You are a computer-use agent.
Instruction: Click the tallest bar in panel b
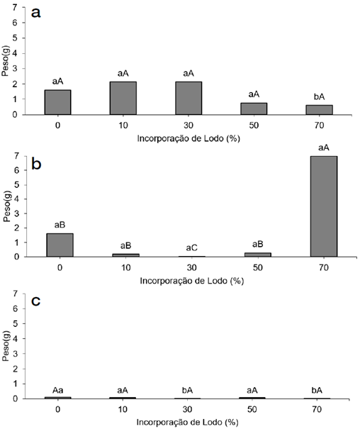point(324,206)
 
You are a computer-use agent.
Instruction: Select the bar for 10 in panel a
point(123,98)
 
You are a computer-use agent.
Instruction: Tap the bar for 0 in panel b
point(60,245)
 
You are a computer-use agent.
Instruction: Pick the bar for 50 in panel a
point(254,108)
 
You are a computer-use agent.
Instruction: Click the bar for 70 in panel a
point(320,110)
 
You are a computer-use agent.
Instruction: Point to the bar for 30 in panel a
point(189,98)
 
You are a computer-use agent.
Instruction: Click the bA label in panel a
point(319,97)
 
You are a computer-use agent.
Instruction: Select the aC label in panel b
point(191,248)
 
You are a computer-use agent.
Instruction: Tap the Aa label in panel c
point(57,391)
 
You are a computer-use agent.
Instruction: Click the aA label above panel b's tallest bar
point(324,147)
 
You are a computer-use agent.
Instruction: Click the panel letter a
point(36,13)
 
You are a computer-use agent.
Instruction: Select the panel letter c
point(36,301)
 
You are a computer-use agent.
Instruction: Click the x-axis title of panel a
point(189,138)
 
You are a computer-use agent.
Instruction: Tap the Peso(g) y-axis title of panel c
point(6,346)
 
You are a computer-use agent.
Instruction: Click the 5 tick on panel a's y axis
point(15,38)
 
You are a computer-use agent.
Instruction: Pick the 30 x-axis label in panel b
point(191,267)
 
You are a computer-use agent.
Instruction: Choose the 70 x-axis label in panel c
point(317,409)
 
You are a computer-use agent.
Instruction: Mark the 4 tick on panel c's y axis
point(15,339)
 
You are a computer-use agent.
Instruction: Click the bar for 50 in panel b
point(258,255)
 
